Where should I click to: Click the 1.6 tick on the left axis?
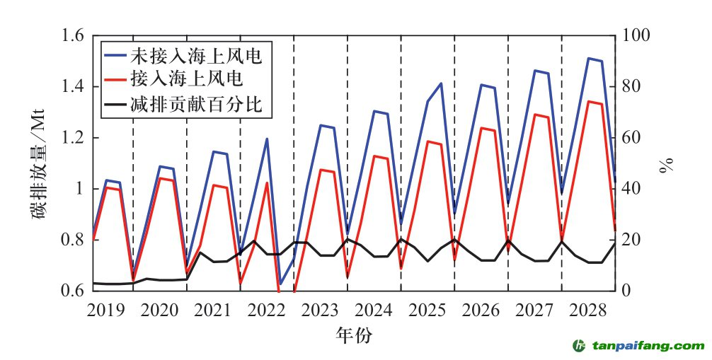click(x=74, y=35)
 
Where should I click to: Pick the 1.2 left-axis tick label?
click(x=74, y=138)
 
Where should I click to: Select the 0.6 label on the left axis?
click(x=74, y=291)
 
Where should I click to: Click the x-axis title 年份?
click(x=354, y=335)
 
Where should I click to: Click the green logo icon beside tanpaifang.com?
click(x=579, y=345)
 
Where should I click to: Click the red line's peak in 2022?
click(x=268, y=183)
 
